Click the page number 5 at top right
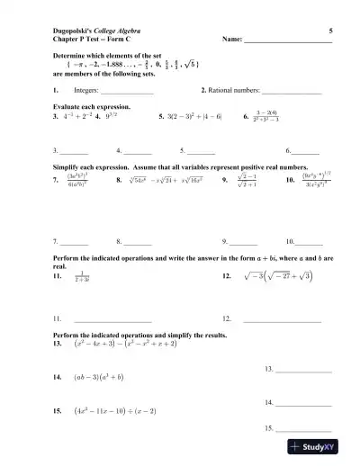tap(330, 31)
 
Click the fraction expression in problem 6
tap(266, 115)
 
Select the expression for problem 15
tap(128, 409)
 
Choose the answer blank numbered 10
tap(309, 242)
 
